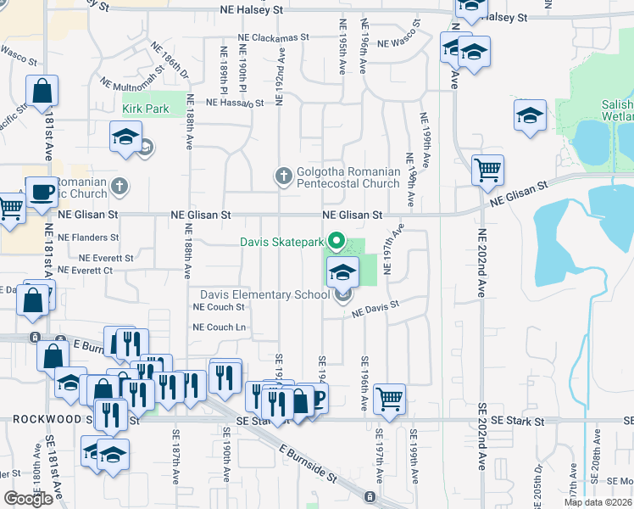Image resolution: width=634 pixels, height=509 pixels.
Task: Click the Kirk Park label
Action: coord(146,109)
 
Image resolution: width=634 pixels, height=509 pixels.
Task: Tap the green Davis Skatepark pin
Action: coord(336,243)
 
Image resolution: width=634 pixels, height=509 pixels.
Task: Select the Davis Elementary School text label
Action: coord(264,295)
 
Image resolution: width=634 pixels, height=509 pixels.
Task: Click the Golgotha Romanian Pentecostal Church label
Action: coord(348,177)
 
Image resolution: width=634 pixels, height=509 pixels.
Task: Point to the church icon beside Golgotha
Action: coord(284,176)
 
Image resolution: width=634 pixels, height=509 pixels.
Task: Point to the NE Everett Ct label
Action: coord(85,271)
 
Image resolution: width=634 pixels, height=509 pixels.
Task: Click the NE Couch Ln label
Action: coord(220,327)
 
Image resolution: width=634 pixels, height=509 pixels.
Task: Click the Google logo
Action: coord(28,499)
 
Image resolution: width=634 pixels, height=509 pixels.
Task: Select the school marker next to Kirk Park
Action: coord(125,136)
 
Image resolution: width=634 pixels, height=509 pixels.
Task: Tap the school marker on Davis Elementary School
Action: coord(342,272)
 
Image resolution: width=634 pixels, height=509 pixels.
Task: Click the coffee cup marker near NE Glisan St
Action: coord(42,192)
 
